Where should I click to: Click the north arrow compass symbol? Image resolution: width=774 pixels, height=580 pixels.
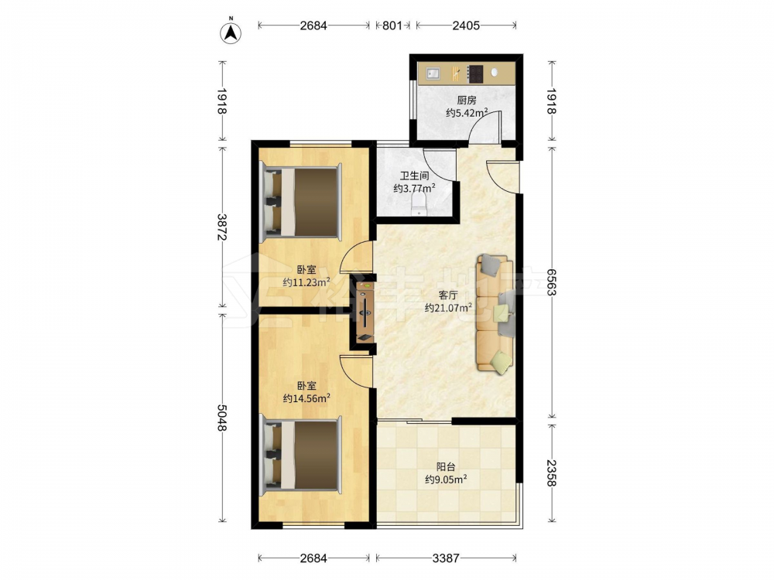231,32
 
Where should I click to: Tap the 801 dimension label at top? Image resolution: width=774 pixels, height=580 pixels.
392,26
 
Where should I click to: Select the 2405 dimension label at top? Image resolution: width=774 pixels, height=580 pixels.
466,26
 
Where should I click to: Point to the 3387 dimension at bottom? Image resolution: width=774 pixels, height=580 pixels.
446,558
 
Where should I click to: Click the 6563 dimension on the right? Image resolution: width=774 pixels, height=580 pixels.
551,282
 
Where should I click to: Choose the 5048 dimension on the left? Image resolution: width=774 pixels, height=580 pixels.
221,418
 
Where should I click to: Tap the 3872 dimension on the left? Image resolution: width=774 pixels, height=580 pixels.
221,227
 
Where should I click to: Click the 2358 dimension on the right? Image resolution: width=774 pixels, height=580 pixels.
551,473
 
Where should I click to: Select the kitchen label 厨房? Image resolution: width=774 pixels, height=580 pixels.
467,100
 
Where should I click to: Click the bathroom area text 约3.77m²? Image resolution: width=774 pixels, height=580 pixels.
415,188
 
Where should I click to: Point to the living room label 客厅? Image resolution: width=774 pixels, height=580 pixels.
448,295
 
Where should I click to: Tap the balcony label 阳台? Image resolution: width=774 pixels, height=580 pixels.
446,466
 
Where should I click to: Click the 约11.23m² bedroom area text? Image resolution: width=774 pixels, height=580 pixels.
307,282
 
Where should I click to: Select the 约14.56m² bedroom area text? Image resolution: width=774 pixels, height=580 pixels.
307,398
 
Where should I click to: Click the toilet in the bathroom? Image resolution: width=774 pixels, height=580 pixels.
419,203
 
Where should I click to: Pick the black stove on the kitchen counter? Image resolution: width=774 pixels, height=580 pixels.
475,73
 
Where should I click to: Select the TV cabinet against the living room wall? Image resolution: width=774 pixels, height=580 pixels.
365,312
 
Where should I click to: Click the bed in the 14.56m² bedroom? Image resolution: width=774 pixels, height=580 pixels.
302,455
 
